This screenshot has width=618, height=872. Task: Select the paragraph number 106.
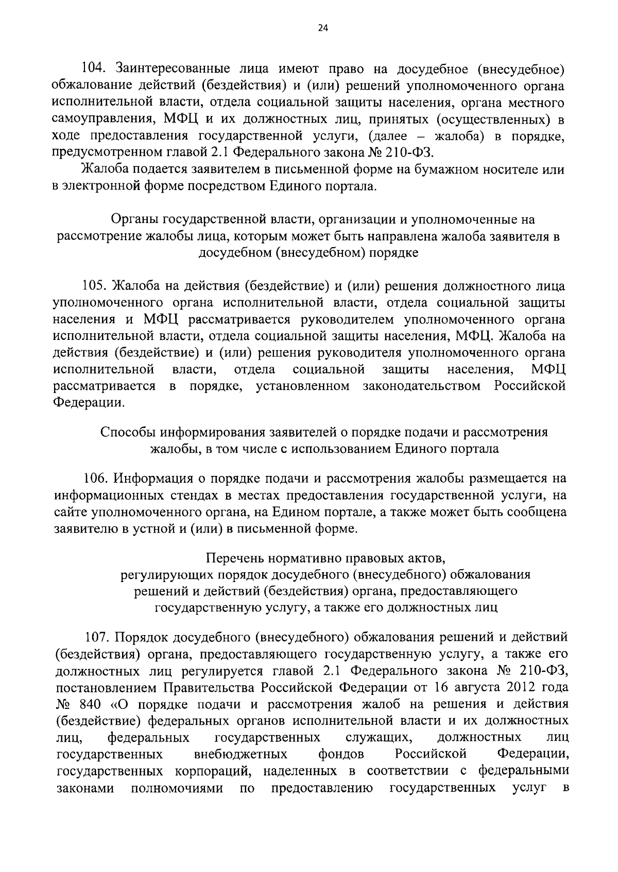pos(96,478)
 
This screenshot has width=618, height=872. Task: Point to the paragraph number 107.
pos(96,638)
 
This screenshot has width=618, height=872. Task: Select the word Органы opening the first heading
pos(135,219)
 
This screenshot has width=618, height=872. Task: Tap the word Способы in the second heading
pos(127,432)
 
